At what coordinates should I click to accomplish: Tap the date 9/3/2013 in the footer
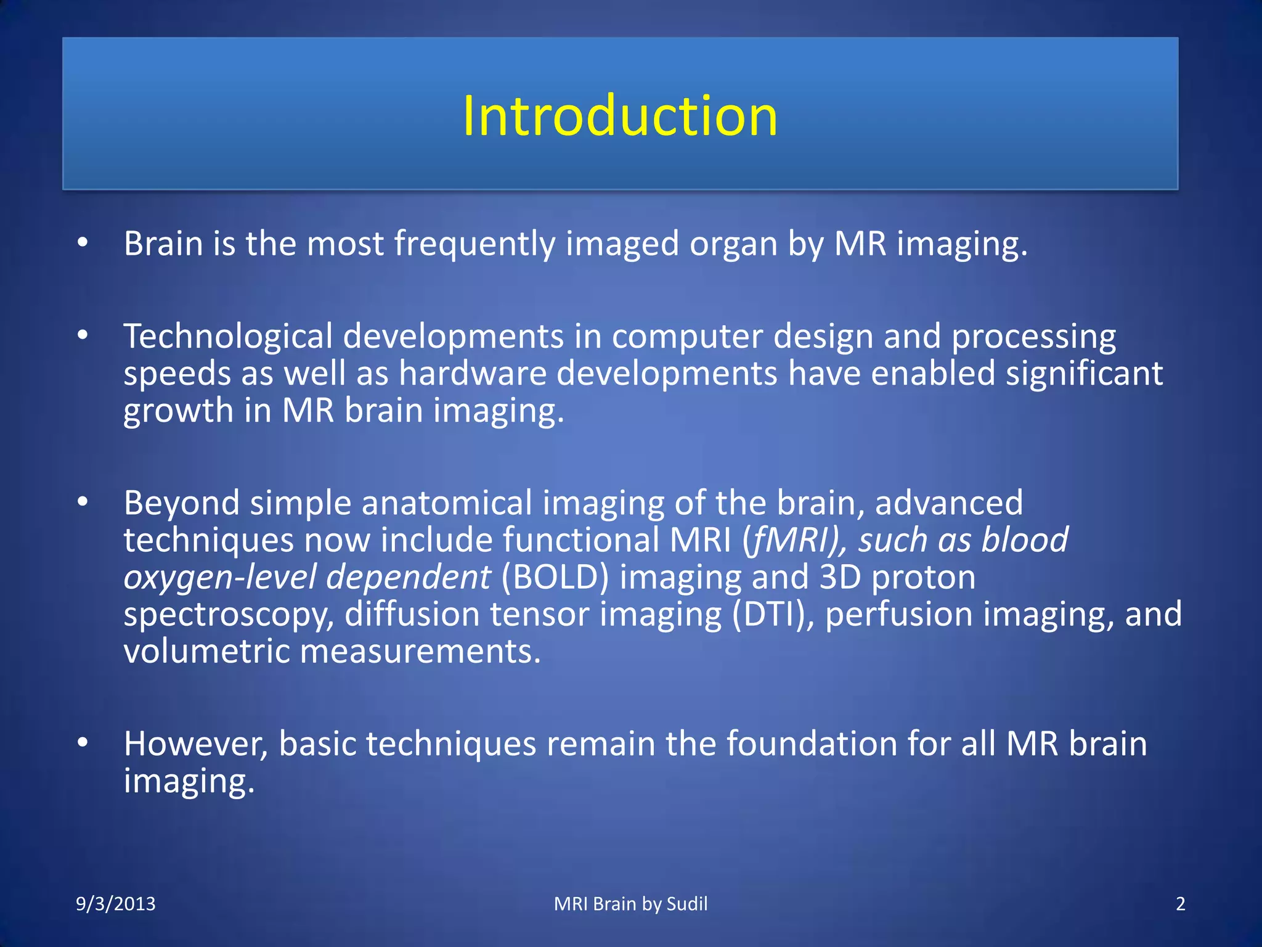point(115,904)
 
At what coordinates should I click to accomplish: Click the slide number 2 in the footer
point(1180,904)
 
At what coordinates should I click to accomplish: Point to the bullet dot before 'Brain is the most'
point(83,243)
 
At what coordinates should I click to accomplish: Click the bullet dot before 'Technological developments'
point(83,336)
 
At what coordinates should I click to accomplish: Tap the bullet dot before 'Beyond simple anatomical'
point(83,502)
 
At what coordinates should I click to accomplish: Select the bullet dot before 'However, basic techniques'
point(83,743)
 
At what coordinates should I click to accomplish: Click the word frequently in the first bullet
point(474,244)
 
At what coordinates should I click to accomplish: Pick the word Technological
point(227,337)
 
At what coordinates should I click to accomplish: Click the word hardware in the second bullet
point(473,374)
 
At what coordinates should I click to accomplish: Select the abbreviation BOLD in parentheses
point(555,577)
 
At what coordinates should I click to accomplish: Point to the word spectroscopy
point(228,616)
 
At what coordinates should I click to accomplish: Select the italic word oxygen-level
point(219,578)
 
